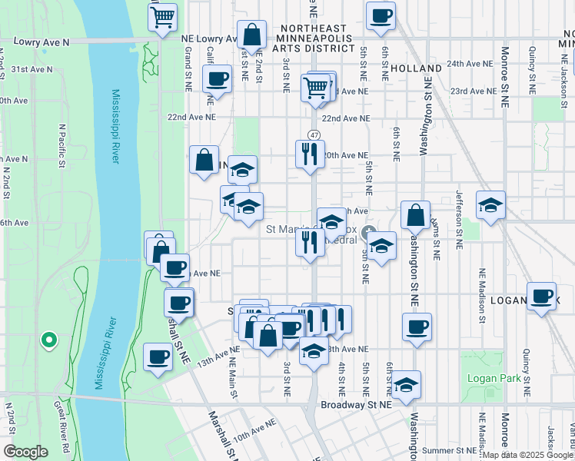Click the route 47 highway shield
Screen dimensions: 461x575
(314, 134)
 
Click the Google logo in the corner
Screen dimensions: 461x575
(25, 452)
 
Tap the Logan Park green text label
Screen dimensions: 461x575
(484, 378)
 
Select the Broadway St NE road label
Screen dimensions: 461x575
(356, 403)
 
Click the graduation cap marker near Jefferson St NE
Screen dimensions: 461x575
(490, 205)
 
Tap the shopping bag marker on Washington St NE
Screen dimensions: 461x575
(415, 216)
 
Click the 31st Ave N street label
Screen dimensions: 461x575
(31, 69)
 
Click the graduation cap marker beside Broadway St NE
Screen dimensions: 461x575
(406, 383)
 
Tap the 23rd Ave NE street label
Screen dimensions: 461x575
(474, 91)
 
